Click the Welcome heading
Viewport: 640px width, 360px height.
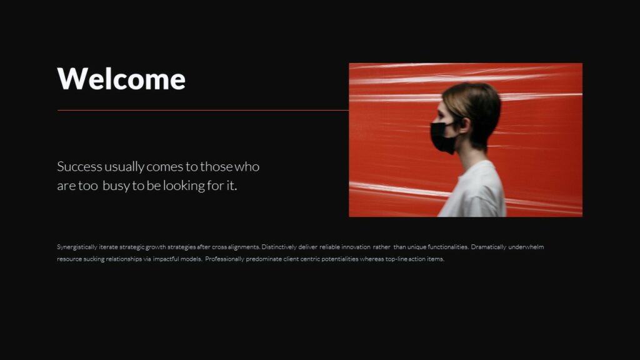(121, 79)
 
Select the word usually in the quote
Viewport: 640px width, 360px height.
(124, 167)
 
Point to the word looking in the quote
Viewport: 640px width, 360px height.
(184, 186)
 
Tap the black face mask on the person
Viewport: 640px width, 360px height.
(442, 137)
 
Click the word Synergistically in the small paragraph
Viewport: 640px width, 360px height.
(77, 247)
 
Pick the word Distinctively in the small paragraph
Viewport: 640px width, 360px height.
(281, 247)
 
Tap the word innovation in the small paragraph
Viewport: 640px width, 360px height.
(356, 247)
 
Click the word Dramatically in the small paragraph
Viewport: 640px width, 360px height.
(489, 247)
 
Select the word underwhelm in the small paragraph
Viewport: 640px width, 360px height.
(526, 247)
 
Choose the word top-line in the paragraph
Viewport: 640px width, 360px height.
(396, 259)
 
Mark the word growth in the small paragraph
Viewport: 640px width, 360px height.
(156, 247)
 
